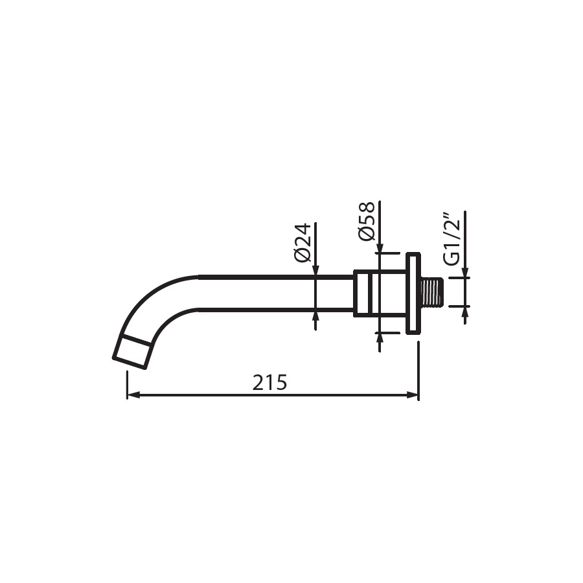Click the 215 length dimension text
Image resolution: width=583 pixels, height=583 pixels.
pyautogui.click(x=269, y=382)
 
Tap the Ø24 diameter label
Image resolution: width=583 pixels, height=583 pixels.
pyautogui.click(x=302, y=243)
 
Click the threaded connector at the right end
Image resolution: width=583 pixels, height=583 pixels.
pyautogui.click(x=431, y=292)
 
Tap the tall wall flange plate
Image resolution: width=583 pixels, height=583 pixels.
pyautogui.click(x=413, y=293)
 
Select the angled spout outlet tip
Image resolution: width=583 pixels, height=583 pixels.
pyautogui.click(x=133, y=351)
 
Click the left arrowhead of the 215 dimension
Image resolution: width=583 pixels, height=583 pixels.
pyautogui.click(x=133, y=395)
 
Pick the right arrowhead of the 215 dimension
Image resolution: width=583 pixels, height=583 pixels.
pyautogui.click(x=413, y=395)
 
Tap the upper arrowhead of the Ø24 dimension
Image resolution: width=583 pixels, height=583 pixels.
pyautogui.click(x=315, y=270)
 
